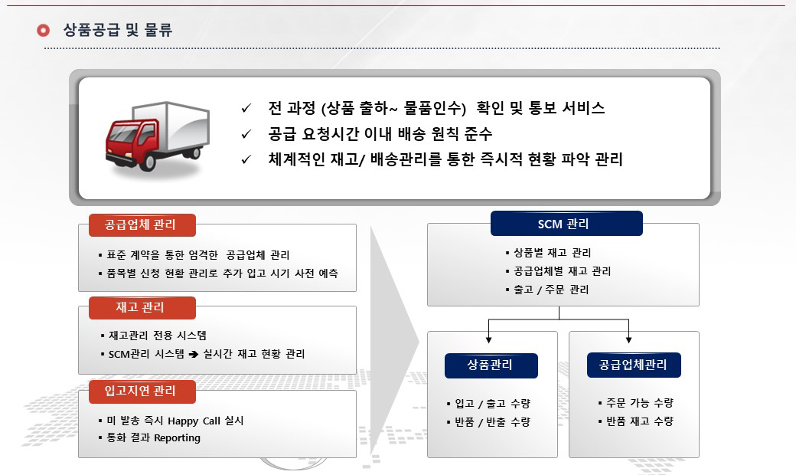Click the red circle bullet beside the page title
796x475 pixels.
coord(43,31)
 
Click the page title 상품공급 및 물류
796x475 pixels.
coord(118,30)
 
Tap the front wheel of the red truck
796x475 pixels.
coord(147,162)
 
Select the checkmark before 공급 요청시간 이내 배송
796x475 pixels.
coord(246,134)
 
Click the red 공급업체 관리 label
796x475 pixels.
coord(142,225)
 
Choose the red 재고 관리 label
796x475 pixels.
coord(142,308)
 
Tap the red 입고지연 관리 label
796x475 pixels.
coord(142,391)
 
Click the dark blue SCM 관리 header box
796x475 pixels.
coord(566,224)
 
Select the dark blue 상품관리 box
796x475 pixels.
coord(491,365)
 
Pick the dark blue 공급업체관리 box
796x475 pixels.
coord(634,365)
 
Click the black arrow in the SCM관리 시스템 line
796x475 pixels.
coord(194,355)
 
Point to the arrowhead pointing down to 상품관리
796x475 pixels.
coord(488,339)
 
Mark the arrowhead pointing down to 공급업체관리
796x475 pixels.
coord(628,339)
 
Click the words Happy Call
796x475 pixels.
coord(194,421)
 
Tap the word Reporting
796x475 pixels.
coord(177,438)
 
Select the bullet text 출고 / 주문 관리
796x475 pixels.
coord(551,290)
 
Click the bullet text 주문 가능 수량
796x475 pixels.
coord(640,403)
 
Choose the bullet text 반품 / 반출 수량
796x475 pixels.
coord(492,422)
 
